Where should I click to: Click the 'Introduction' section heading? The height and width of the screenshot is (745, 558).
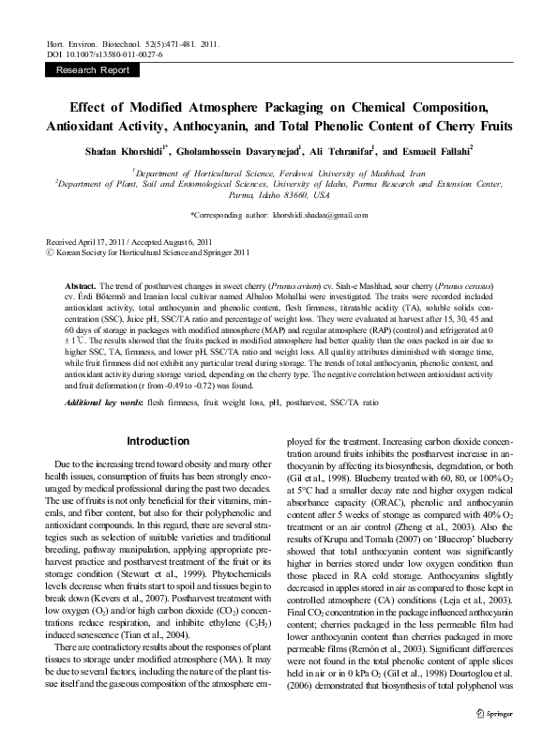tap(158, 441)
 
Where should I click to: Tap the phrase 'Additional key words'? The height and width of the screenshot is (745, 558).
tap(102, 402)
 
